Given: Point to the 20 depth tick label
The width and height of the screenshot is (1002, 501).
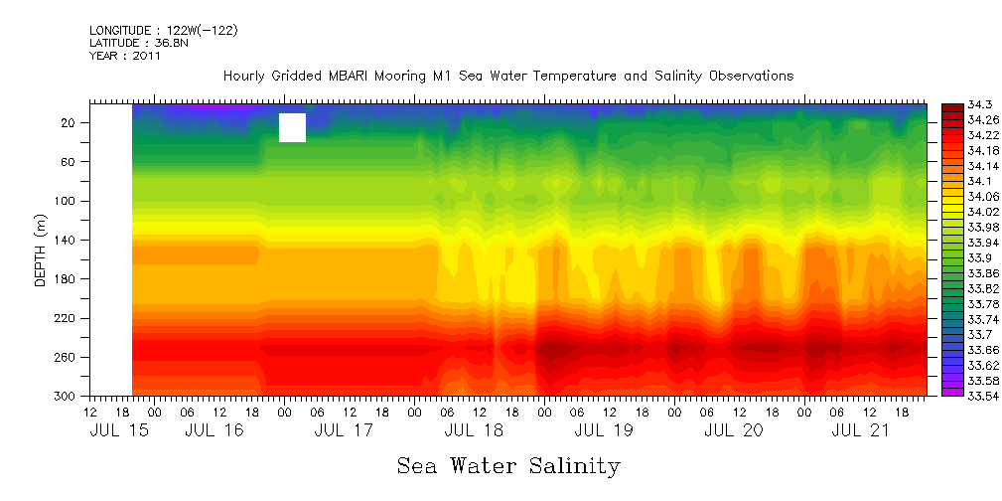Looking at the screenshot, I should tap(70, 123).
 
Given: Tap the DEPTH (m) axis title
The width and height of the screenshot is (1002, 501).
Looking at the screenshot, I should tap(41, 254).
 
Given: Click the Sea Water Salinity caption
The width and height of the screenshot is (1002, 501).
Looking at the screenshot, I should tap(508, 466).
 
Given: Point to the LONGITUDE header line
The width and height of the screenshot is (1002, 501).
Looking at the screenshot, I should tap(163, 31).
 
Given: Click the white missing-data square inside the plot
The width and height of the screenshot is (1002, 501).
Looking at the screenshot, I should tap(292, 128).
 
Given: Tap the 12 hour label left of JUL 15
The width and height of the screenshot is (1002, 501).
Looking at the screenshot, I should tap(90, 413).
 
